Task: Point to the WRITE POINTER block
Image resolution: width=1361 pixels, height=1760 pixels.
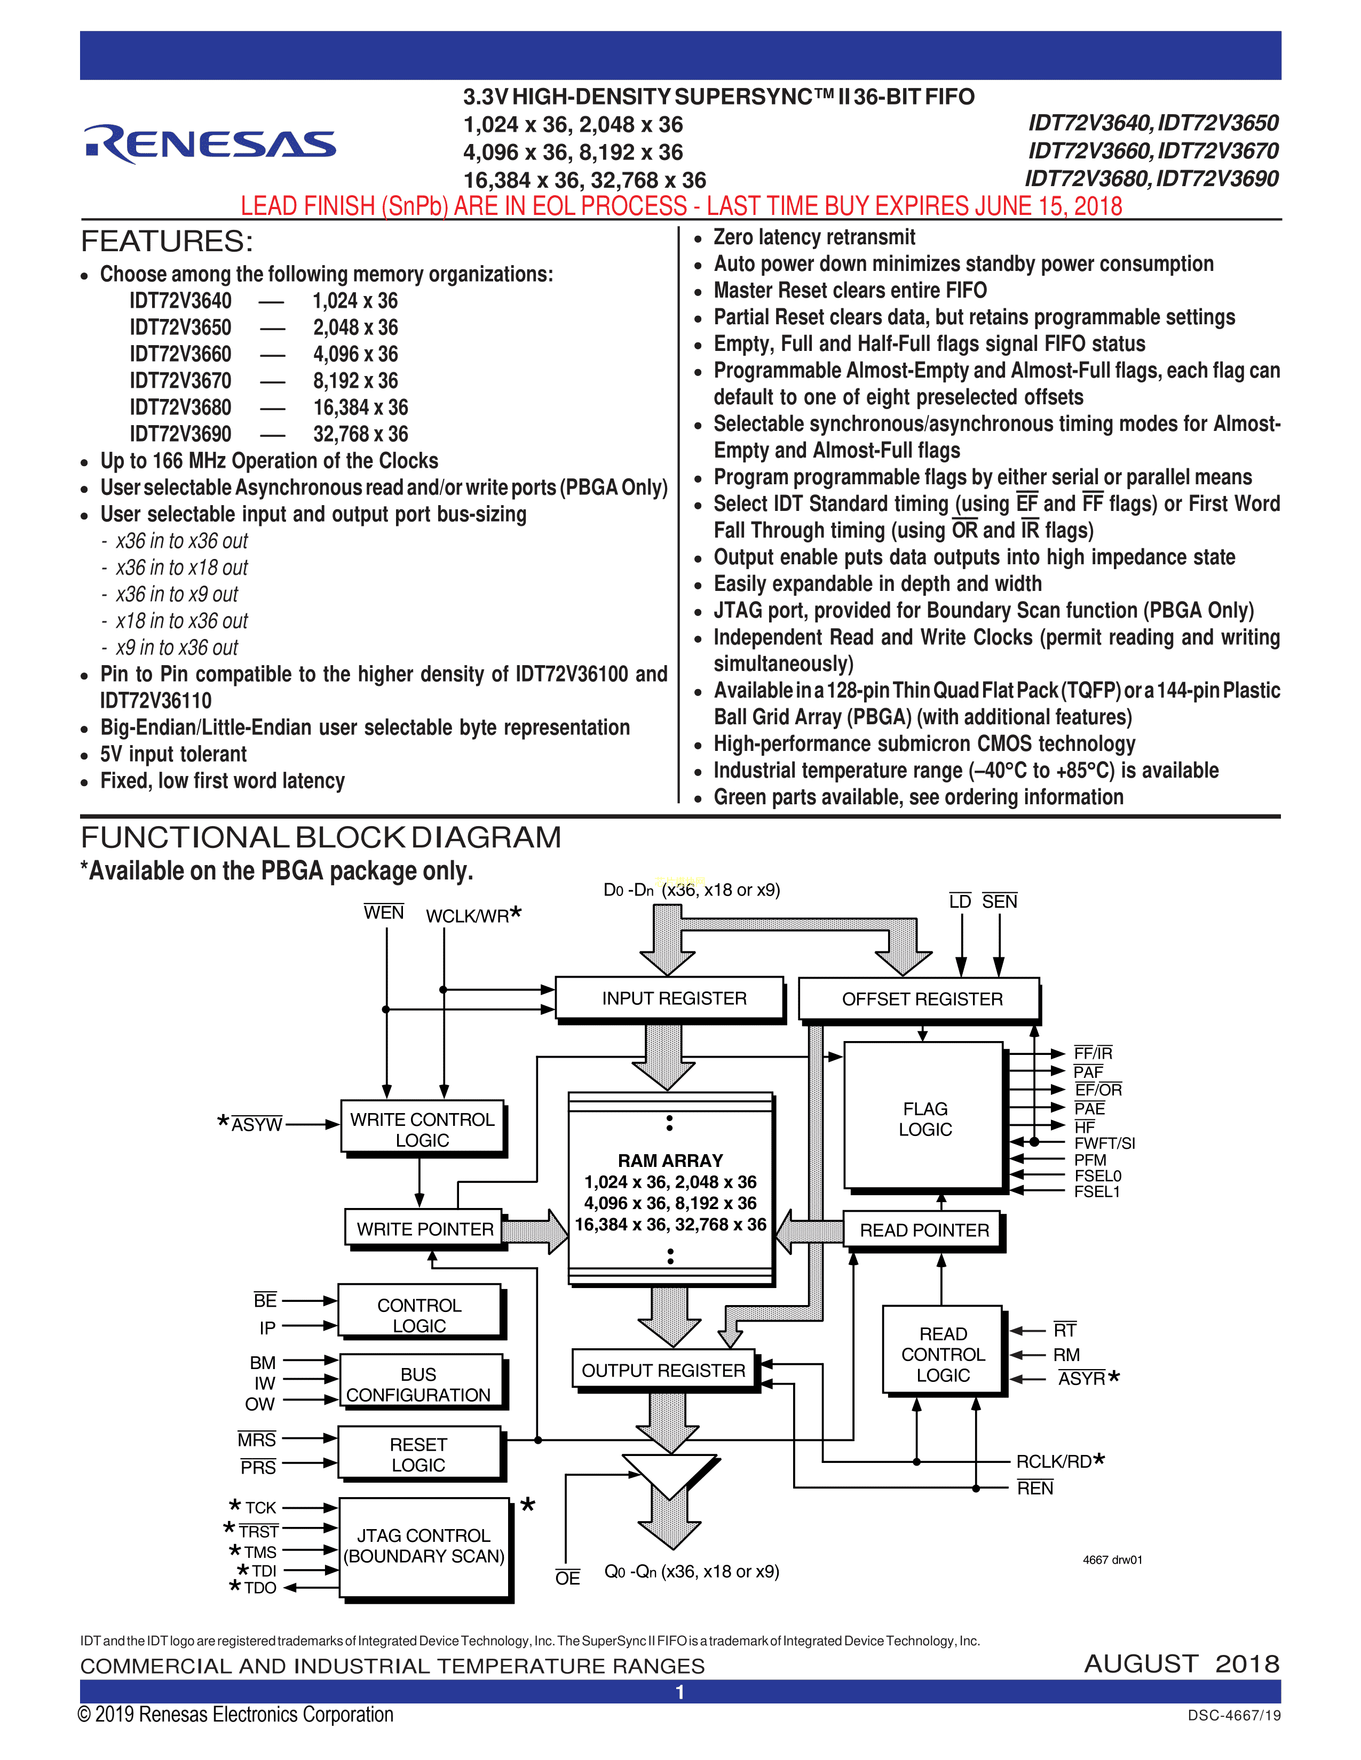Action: (x=424, y=1229)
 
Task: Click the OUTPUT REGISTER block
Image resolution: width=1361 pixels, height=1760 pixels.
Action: (x=663, y=1371)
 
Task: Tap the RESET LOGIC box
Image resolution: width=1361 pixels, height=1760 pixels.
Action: (x=418, y=1454)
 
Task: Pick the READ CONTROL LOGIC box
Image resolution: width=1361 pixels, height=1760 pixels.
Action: (x=943, y=1355)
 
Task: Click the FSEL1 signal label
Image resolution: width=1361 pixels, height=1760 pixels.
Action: (x=1097, y=1192)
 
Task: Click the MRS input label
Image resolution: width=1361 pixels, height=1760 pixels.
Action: (x=256, y=1440)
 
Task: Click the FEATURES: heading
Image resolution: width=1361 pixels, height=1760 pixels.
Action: (x=167, y=242)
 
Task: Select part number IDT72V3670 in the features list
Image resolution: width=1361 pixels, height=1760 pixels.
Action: (x=180, y=380)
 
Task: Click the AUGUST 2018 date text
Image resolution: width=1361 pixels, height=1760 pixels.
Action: (x=1181, y=1664)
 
